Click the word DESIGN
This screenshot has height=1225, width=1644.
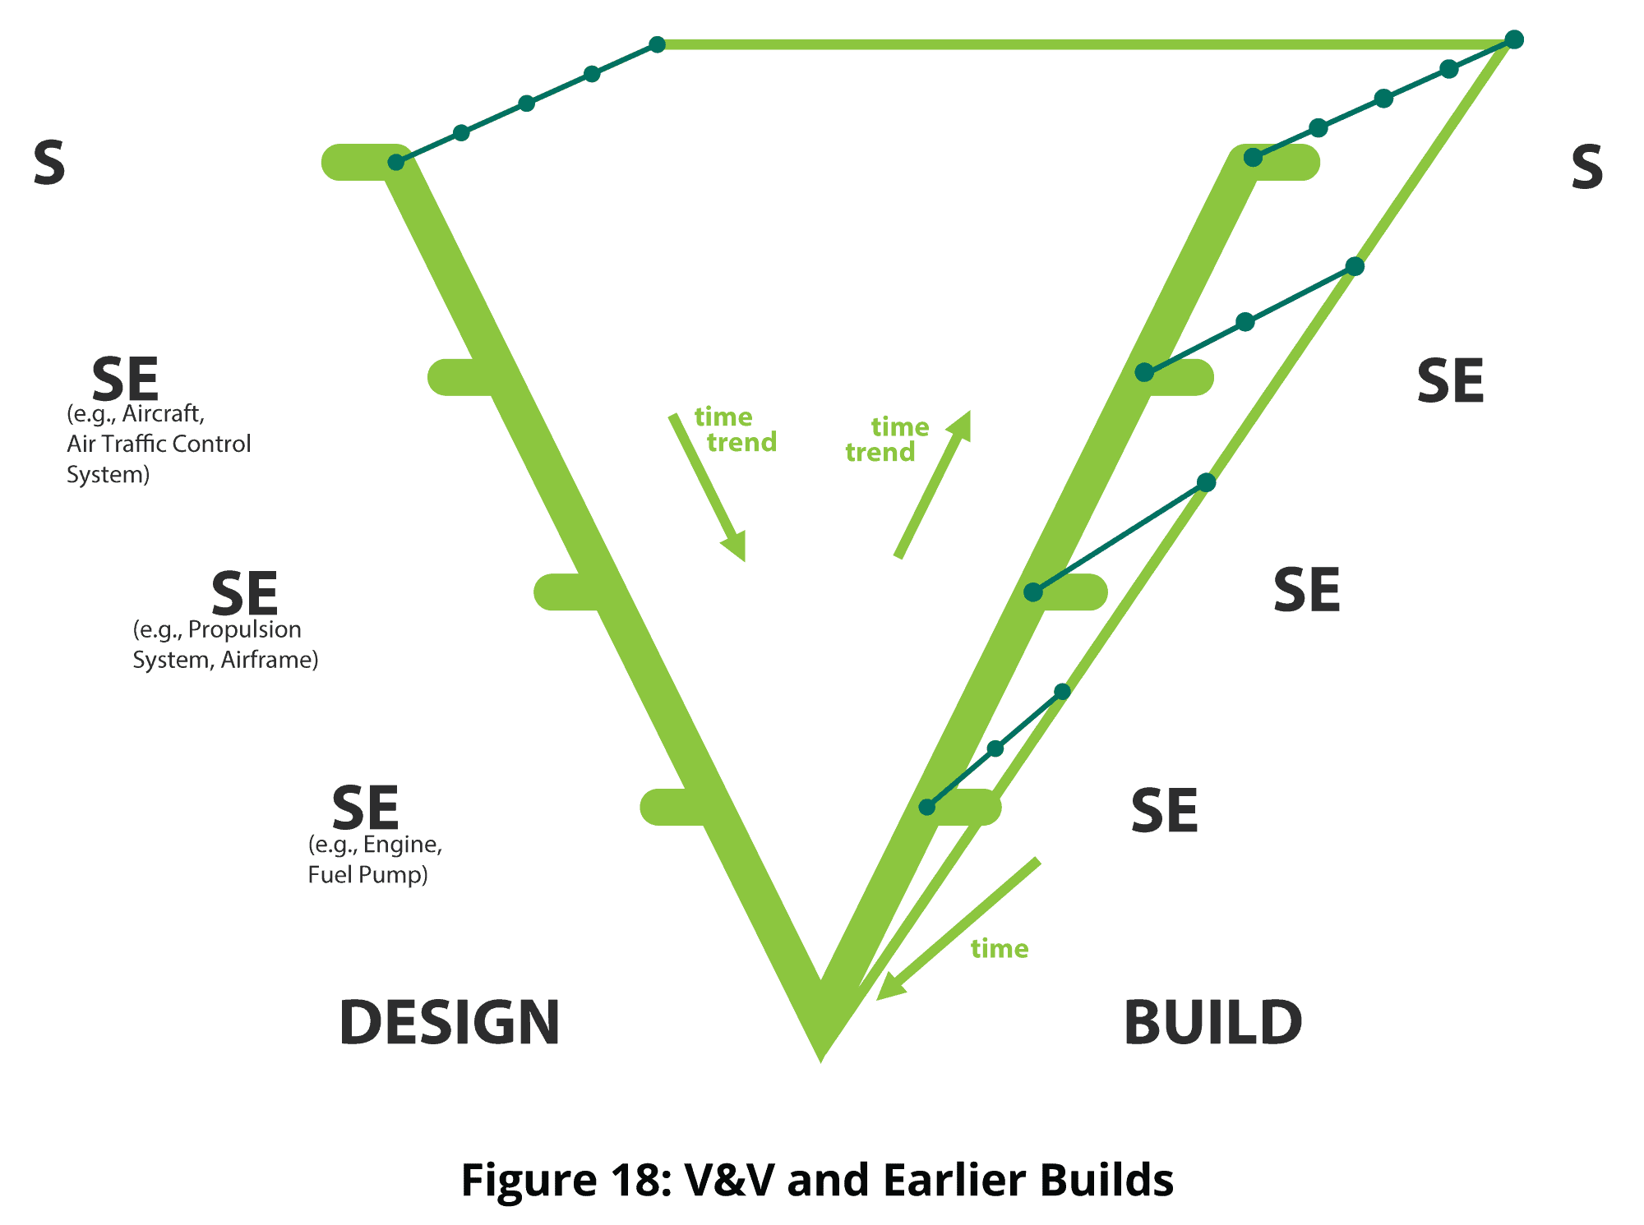(x=449, y=1023)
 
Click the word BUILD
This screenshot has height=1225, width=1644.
(x=1212, y=1023)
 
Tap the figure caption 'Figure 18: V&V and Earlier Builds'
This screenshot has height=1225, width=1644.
(x=817, y=1180)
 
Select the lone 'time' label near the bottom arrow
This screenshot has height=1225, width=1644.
(x=1000, y=949)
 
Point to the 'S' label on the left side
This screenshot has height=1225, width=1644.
(x=49, y=163)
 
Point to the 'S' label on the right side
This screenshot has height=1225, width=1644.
(x=1586, y=168)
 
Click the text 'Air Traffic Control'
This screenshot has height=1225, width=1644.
(x=159, y=444)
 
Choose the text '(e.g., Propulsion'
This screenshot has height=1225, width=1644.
(x=217, y=629)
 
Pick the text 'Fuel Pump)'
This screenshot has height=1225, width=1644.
(x=367, y=874)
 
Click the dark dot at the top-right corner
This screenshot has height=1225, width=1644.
(x=1514, y=39)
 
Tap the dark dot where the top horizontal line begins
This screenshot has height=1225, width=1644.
(x=657, y=44)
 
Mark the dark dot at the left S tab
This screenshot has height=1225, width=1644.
(x=396, y=163)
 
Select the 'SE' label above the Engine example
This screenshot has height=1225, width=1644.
(x=365, y=808)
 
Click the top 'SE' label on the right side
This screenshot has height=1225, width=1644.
(x=1450, y=381)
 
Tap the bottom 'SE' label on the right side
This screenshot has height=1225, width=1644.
(x=1164, y=811)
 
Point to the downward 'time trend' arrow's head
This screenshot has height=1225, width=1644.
(x=737, y=548)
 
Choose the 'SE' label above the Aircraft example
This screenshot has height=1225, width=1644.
(x=125, y=380)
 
